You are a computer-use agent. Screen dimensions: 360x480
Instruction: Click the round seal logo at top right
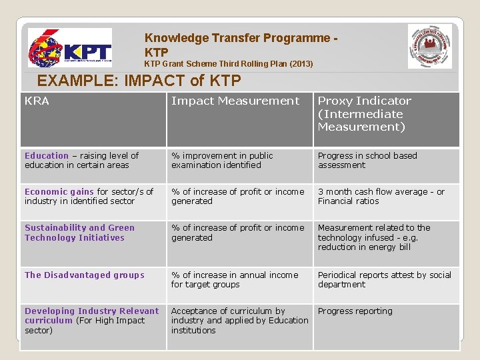point(429,47)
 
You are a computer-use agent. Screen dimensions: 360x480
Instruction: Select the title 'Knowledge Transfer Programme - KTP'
point(240,45)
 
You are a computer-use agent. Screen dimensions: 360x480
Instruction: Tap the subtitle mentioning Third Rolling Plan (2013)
point(229,64)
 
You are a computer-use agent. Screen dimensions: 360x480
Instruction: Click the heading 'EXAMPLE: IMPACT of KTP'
point(139,81)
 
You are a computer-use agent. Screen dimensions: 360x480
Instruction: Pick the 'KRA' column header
point(37,101)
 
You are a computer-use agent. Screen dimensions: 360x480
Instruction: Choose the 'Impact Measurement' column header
point(235,101)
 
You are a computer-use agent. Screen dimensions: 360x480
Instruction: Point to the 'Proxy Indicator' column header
point(365,113)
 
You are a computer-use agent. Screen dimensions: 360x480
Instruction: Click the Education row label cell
point(81,160)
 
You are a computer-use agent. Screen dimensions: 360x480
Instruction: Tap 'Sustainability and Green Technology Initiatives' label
point(79,233)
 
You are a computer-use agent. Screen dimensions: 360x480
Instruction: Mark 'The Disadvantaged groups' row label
point(85,275)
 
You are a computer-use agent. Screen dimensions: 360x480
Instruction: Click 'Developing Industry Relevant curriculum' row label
point(91,320)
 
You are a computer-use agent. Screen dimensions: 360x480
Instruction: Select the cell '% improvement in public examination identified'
point(222,160)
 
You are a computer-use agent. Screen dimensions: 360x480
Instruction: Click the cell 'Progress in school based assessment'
point(367,160)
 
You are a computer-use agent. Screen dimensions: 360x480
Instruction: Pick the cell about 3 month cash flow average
point(381,196)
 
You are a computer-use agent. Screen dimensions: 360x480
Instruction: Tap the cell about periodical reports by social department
point(384,279)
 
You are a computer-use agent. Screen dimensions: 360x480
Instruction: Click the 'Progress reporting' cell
point(355,311)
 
